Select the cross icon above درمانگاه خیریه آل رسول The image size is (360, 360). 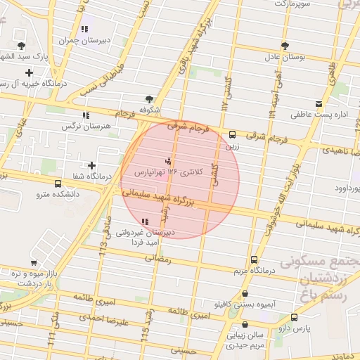click(28, 72)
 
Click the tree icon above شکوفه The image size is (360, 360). click(148, 99)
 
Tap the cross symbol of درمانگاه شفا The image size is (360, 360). click(91, 165)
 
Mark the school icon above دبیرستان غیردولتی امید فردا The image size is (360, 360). click(145, 222)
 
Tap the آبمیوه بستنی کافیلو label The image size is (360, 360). click(245, 304)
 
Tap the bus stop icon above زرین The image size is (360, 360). click(232, 135)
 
